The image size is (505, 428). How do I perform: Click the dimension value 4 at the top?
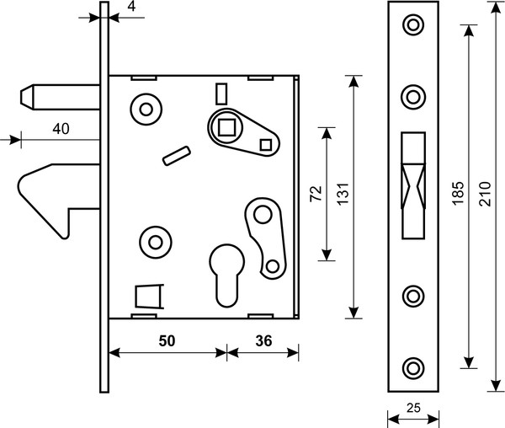[x=131, y=7]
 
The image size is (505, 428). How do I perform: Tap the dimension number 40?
[x=61, y=129]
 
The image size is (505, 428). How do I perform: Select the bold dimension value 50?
[x=167, y=340]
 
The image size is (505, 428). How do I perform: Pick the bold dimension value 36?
[x=263, y=340]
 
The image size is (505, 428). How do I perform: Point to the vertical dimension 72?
[x=316, y=194]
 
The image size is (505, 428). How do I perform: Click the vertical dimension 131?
[x=343, y=194]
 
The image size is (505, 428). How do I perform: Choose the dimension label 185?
[x=458, y=193]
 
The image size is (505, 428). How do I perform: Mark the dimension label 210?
[x=485, y=194]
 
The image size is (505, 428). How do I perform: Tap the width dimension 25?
[x=413, y=408]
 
